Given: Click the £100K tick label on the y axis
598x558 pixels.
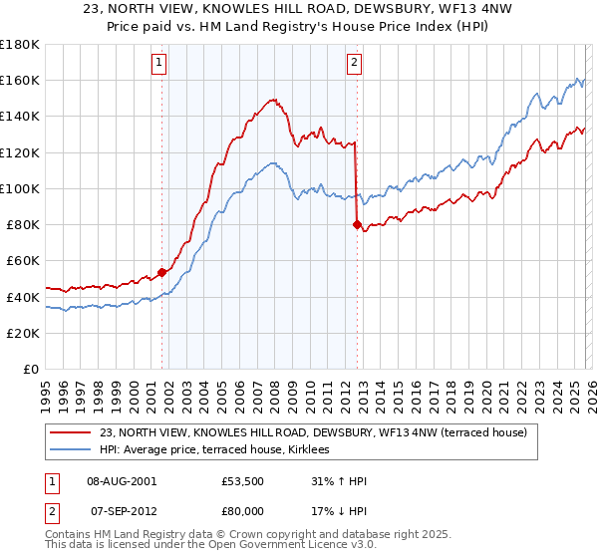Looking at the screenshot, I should tap(20, 188).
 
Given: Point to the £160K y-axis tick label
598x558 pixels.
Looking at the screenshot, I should tap(20, 80).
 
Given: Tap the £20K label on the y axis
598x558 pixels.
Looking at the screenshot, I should tap(23, 333).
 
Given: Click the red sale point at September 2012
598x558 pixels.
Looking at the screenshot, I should tap(357, 224).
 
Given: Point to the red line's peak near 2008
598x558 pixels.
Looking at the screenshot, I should tap(272, 100).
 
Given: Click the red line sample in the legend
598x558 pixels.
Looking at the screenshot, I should tap(72, 432).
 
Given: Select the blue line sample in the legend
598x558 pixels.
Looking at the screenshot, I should tap(72, 450).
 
